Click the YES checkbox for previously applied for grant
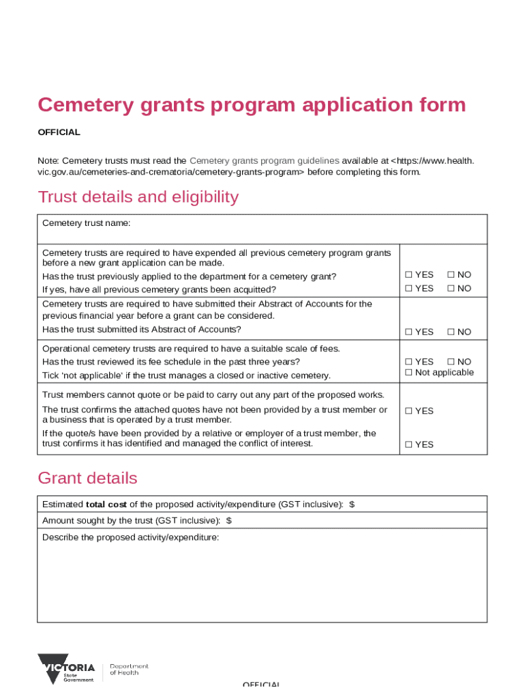click(408, 274)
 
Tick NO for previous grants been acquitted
click(451, 288)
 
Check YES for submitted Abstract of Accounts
click(408, 332)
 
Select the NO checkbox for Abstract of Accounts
click(451, 332)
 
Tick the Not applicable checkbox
click(408, 373)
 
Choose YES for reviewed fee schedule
click(408, 362)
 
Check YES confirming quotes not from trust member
click(408, 411)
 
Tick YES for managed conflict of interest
click(408, 445)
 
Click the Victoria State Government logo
click(66, 669)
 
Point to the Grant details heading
click(87, 478)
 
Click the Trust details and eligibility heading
click(138, 197)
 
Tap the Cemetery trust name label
click(86, 223)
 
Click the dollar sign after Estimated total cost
click(352, 504)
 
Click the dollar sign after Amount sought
click(228, 521)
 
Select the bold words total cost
click(106, 504)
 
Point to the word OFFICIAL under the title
click(59, 132)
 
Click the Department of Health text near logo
click(129, 670)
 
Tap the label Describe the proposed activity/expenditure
click(130, 537)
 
